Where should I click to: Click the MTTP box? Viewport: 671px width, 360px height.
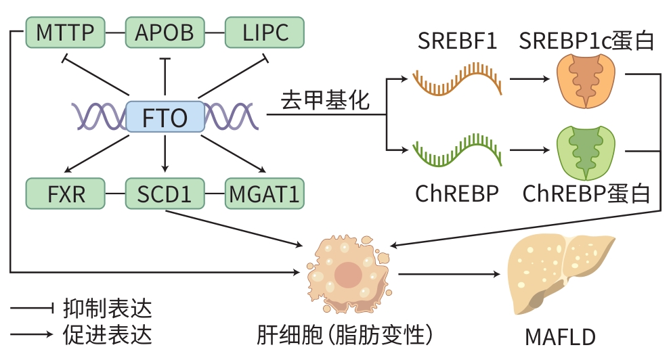[65, 32]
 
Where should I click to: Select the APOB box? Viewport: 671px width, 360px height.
[165, 32]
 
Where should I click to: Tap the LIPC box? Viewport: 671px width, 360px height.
[265, 32]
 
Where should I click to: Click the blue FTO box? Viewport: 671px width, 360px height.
[165, 118]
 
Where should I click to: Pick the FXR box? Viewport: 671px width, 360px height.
[66, 194]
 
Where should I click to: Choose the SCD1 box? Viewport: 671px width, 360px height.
[165, 194]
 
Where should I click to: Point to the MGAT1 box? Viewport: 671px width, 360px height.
[264, 194]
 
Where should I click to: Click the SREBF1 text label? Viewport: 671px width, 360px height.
[458, 42]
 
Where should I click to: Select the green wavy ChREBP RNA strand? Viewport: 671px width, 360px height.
[458, 150]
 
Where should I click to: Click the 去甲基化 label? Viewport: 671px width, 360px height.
[326, 101]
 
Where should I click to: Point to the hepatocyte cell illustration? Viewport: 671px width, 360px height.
[348, 273]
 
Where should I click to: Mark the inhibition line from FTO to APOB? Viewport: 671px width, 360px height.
[165, 78]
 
